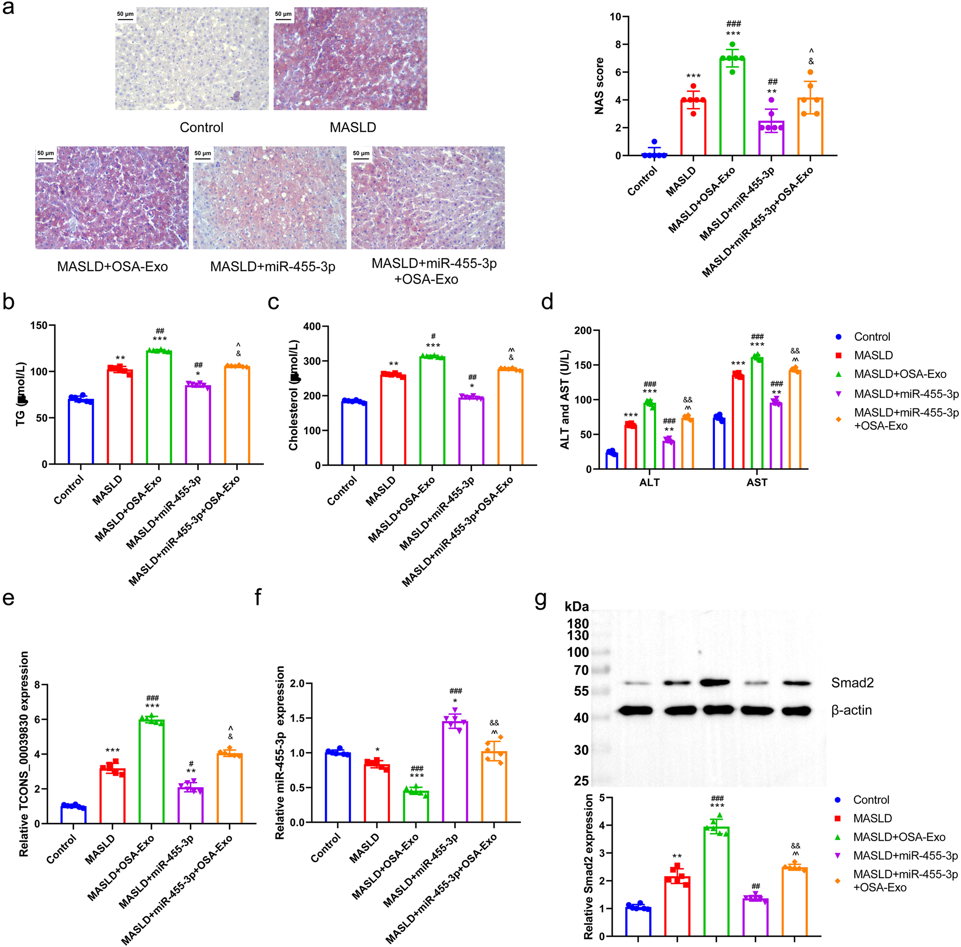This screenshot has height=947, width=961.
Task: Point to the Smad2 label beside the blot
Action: [x=852, y=683]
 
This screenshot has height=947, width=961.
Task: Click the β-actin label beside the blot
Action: [x=851, y=710]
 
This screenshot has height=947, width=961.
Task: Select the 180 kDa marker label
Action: [x=578, y=624]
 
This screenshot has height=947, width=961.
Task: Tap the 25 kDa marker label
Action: [x=581, y=781]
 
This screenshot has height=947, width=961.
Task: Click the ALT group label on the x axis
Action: [x=649, y=482]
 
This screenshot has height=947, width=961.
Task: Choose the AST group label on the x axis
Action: [x=757, y=482]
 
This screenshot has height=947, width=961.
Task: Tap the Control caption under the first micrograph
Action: [x=202, y=128]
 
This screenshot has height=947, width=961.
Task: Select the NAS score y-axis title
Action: [x=600, y=86]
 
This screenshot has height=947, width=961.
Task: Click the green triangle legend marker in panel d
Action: [x=839, y=374]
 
